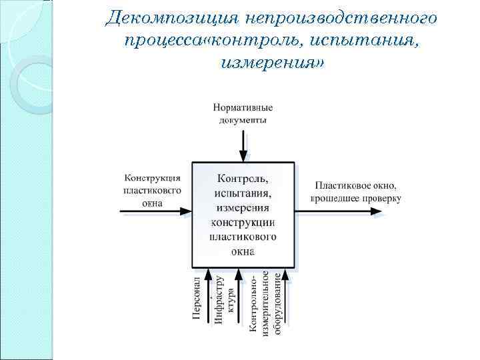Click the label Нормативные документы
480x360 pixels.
click(243, 114)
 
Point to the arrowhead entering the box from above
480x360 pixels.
click(243, 157)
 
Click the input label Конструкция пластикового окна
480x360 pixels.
click(153, 190)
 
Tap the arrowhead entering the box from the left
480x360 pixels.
click(186, 211)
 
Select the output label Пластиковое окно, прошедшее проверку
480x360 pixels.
click(356, 192)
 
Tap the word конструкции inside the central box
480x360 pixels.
click(243, 223)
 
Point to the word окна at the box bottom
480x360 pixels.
click(243, 252)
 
